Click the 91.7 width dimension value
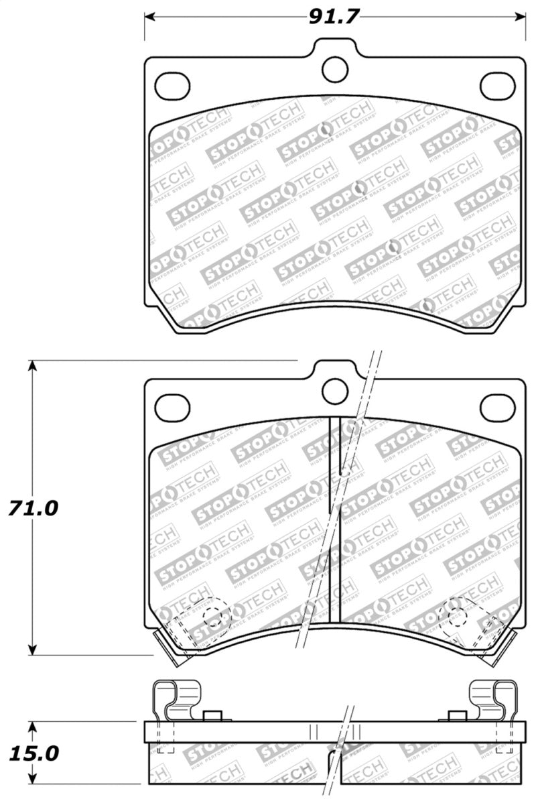click(334, 16)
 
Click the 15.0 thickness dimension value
click(33, 753)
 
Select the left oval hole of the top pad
click(172, 84)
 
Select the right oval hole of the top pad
click(497, 84)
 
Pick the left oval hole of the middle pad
click(172, 406)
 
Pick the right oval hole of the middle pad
click(497, 406)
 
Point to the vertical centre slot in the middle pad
click(336, 519)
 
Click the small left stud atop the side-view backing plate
click(212, 715)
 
